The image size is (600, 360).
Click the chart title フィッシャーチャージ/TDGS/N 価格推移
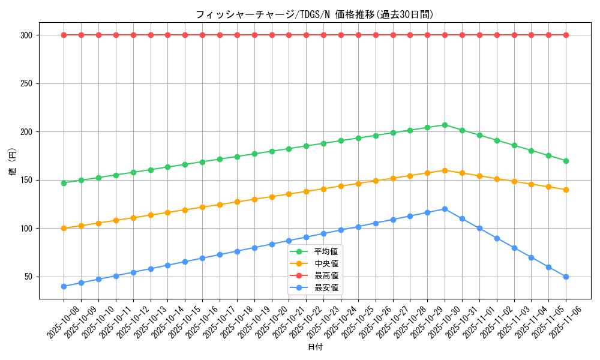coord(314,14)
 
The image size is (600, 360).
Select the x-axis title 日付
coord(314,347)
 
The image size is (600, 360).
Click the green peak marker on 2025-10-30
coord(445,125)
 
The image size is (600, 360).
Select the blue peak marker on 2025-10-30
coord(445,209)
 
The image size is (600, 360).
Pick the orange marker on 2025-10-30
coord(445,170)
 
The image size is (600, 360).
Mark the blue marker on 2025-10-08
coord(64,286)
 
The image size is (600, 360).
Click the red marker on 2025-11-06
coord(566,35)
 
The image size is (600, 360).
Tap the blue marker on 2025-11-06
coord(566,277)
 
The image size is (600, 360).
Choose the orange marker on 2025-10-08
coord(64,228)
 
